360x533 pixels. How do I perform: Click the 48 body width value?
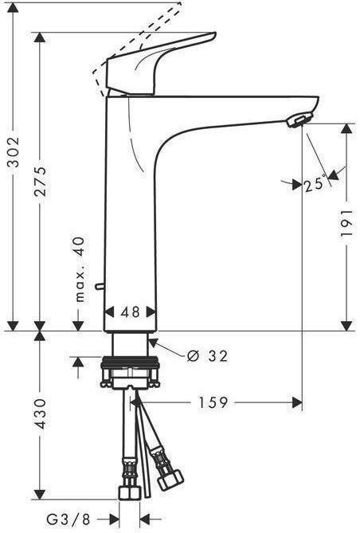click(x=131, y=313)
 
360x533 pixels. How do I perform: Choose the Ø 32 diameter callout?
click(x=206, y=356)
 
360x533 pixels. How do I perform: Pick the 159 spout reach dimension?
click(x=213, y=403)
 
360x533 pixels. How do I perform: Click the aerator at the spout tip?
click(x=295, y=120)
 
